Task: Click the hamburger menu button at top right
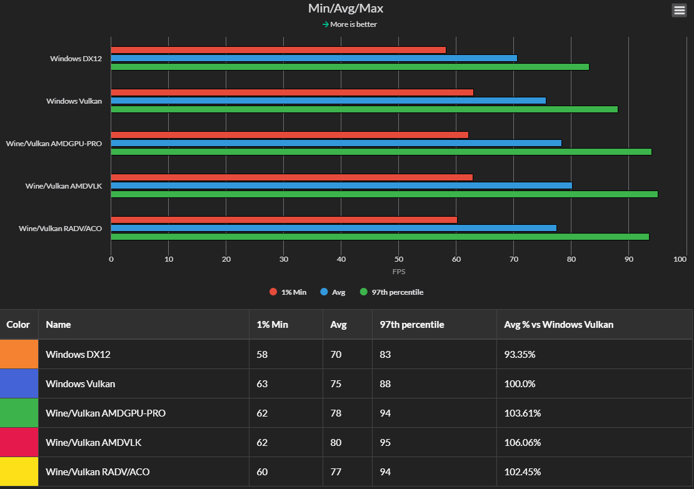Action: pos(679,10)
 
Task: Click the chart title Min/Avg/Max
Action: pos(346,8)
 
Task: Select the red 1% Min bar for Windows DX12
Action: pos(278,50)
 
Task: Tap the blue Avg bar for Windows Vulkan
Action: pos(328,101)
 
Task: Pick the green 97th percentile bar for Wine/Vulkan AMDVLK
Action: pos(384,194)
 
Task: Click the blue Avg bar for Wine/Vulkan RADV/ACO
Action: pos(333,228)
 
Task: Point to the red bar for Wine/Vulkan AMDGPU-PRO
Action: pos(289,135)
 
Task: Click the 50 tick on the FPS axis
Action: pos(399,259)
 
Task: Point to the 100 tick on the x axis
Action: pos(681,259)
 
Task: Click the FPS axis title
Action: pos(399,272)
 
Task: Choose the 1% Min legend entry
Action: pos(288,292)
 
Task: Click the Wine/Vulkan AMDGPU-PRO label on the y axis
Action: pos(54,143)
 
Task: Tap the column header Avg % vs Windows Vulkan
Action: pos(558,325)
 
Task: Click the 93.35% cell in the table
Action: pos(520,354)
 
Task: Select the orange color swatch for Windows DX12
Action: pos(19,354)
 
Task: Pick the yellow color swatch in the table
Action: pos(19,472)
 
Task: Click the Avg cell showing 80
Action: pos(336,442)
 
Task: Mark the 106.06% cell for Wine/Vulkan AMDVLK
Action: pos(522,442)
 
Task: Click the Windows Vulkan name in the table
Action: pos(80,383)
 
